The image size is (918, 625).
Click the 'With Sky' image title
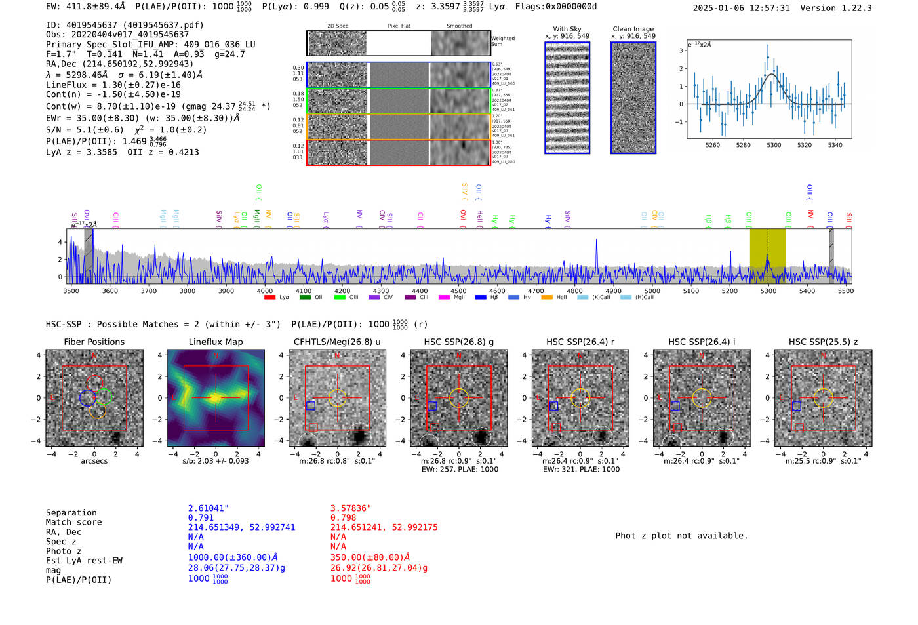567,29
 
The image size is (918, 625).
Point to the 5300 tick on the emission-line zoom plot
774,145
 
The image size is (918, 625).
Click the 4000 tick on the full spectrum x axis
265,291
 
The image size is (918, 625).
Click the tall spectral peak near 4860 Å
597,241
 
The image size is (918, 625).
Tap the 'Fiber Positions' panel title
94,342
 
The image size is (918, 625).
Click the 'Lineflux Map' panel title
215,342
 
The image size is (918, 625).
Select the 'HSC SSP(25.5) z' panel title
823,342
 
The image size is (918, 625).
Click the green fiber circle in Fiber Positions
105,396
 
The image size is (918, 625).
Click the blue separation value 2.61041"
209,508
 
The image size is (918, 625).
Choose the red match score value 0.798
344,518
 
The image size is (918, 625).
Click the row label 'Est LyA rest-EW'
84,561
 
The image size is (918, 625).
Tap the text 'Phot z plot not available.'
681,536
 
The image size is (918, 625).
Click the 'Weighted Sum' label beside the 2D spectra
503,41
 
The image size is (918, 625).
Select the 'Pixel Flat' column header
399,26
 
